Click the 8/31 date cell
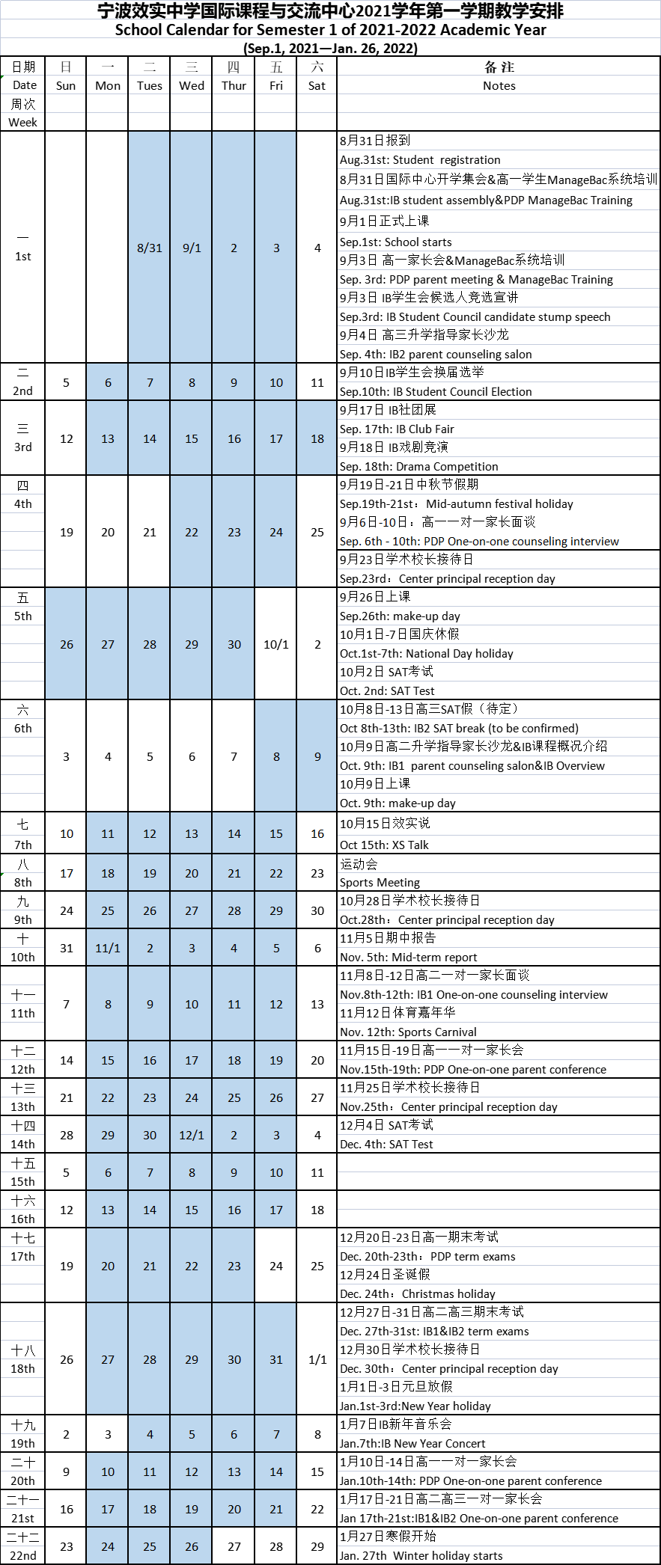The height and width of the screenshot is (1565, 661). coord(150,248)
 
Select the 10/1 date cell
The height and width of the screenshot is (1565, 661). coord(275,644)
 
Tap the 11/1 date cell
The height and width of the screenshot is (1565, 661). coord(108,948)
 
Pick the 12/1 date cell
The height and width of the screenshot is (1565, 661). coord(192,1135)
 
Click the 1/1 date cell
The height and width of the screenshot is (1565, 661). coord(317,1359)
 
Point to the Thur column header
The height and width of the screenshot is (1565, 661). coord(234,85)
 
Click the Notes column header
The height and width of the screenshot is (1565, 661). coord(499,85)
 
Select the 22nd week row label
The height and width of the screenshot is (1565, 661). coord(22,1555)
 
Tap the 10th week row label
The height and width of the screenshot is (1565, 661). coord(22,957)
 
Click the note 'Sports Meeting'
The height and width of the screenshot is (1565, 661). coord(380,883)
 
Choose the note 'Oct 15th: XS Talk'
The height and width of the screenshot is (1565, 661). coord(384,845)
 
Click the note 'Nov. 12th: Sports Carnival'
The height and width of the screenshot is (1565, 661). coord(408,1032)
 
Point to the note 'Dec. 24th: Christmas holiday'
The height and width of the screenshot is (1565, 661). coord(417,1294)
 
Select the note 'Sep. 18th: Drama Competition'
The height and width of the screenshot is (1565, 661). coord(418,467)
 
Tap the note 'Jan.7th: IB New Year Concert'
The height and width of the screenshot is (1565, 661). coord(412,1444)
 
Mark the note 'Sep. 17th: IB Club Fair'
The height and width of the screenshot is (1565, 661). coord(397,429)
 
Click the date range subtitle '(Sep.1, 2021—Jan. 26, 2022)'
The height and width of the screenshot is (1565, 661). coord(330,48)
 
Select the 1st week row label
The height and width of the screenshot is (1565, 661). coord(22,256)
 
